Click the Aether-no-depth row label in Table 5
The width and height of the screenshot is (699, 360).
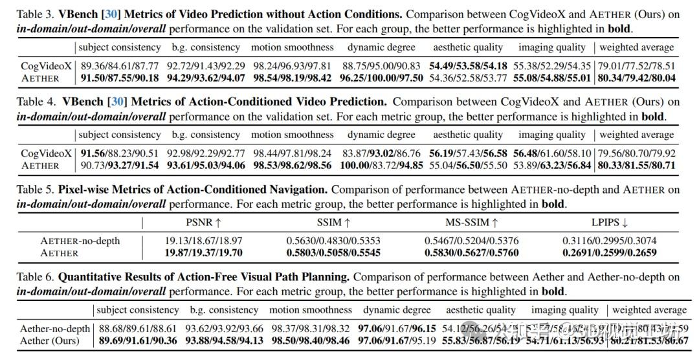tap(80, 241)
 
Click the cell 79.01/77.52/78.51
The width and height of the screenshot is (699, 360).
tap(636, 66)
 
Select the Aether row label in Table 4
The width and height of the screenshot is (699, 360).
tap(40, 165)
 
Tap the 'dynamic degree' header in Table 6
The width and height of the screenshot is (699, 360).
tap(397, 310)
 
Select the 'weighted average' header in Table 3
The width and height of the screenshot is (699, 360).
tap(636, 47)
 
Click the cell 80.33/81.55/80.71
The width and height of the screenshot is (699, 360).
tap(636, 165)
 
